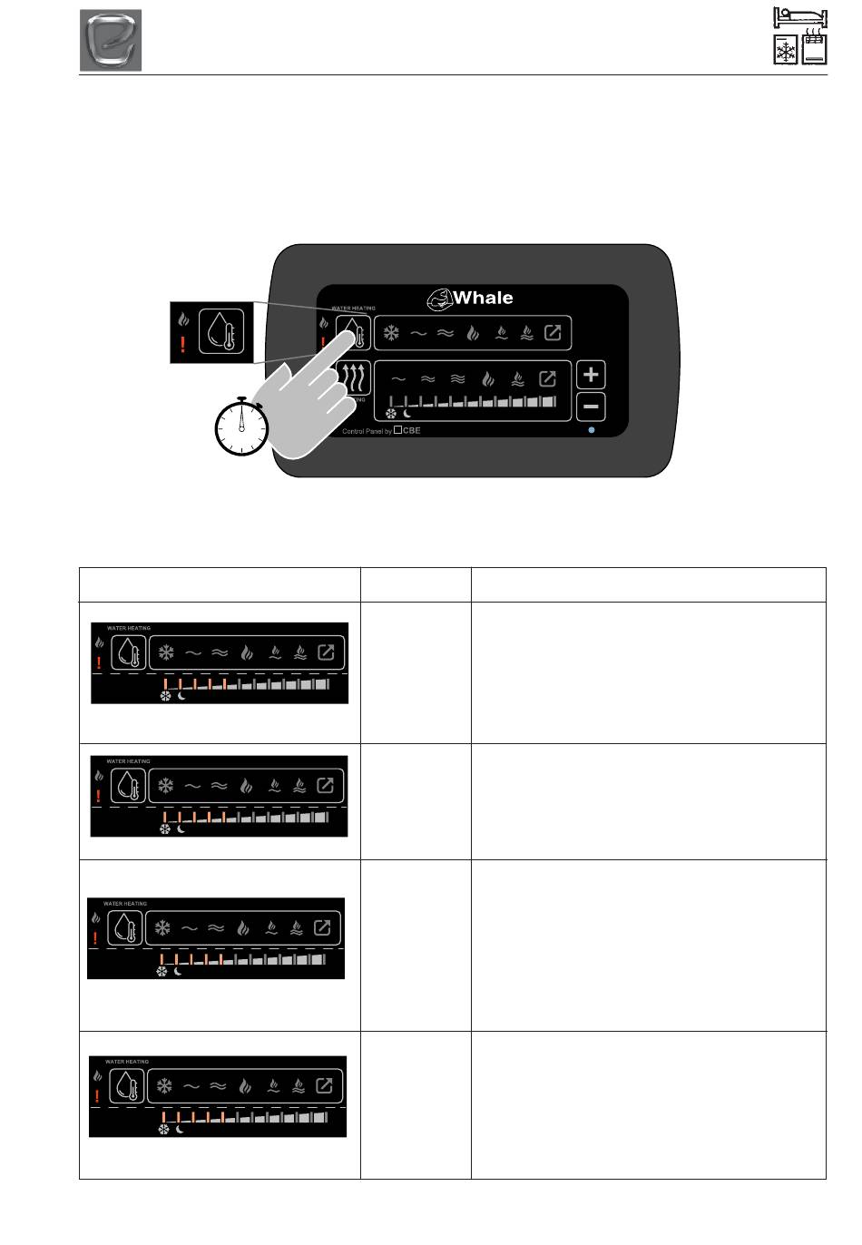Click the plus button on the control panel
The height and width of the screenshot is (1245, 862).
click(591, 375)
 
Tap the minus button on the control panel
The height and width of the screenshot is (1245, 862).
click(591, 407)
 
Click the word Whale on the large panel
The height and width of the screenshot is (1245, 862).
click(483, 298)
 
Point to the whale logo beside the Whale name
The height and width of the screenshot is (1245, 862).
click(439, 298)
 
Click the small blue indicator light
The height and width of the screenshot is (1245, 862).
click(592, 430)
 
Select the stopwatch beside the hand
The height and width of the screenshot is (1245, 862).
click(242, 426)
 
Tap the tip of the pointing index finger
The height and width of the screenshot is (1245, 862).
click(351, 331)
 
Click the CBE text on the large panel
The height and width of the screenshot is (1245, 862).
click(411, 431)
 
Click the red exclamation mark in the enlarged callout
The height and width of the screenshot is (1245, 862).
click(183, 346)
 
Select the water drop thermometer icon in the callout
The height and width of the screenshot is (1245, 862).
click(222, 331)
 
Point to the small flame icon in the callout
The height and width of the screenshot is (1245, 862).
click(183, 319)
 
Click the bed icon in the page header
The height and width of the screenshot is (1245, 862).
click(801, 18)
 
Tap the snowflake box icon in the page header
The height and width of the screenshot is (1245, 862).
click(785, 51)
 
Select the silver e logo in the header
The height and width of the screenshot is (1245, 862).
click(111, 41)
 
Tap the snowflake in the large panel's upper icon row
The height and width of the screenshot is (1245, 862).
click(390, 333)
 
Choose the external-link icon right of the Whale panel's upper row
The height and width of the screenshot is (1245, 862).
click(553, 333)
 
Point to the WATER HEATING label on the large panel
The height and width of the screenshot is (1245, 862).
click(354, 309)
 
